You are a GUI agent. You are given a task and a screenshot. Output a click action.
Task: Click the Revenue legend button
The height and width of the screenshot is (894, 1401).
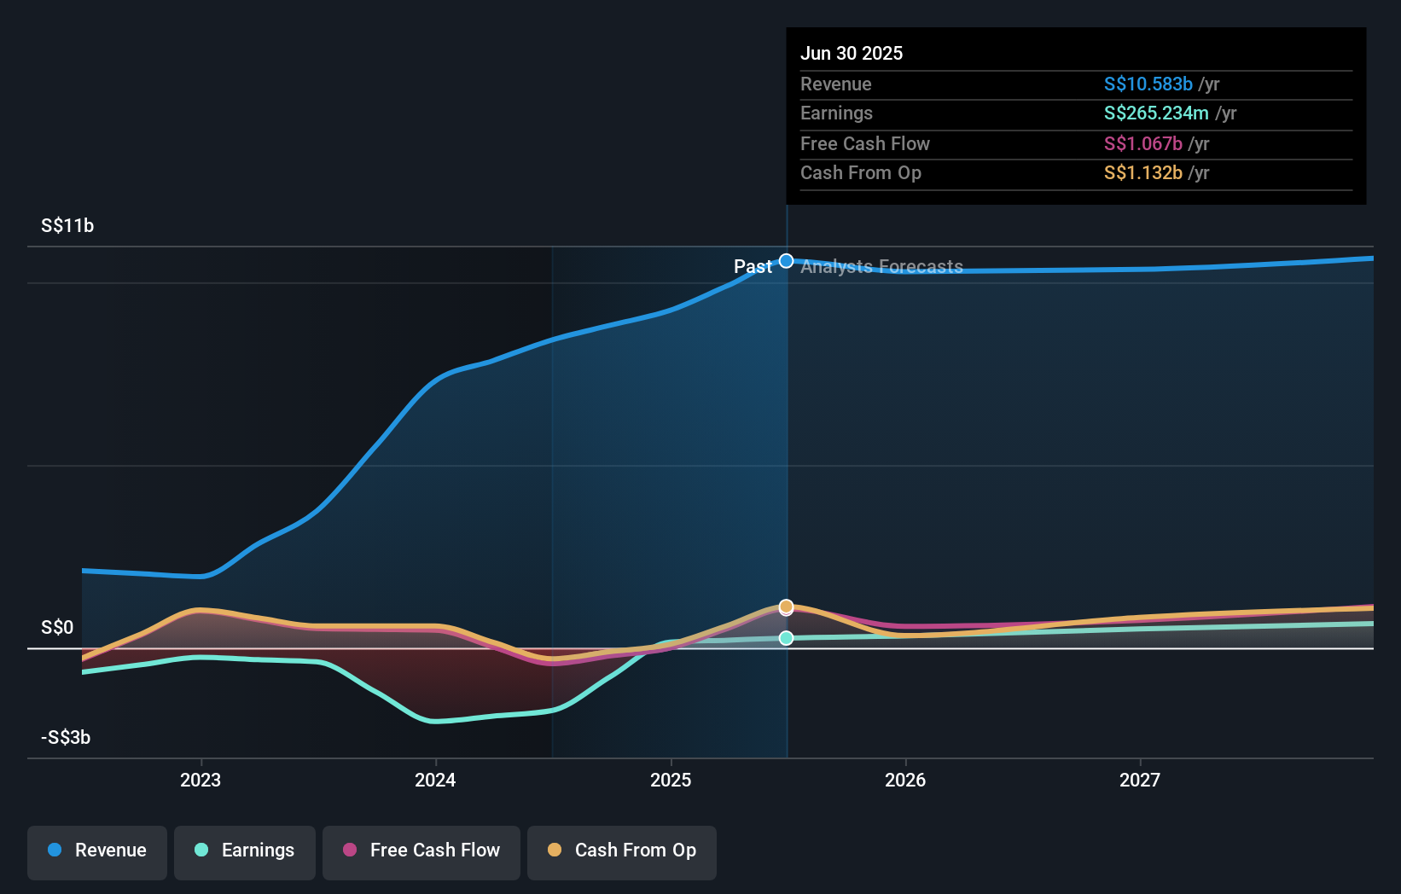pyautogui.click(x=97, y=850)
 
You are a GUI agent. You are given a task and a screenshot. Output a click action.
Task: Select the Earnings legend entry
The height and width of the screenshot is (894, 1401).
pyautogui.click(x=245, y=850)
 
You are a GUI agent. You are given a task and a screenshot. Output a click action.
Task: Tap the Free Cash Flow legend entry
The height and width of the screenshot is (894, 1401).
pyautogui.click(x=421, y=850)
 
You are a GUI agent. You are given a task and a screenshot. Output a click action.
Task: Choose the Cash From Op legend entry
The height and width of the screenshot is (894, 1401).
pyautogui.click(x=622, y=850)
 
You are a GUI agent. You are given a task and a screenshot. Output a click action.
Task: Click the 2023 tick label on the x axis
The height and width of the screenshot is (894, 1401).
pyautogui.click(x=201, y=780)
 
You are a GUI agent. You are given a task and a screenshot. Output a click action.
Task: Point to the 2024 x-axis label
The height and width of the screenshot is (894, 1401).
pyautogui.click(x=435, y=780)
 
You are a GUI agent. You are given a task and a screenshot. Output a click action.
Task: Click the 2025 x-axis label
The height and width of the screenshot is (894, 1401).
pyautogui.click(x=671, y=780)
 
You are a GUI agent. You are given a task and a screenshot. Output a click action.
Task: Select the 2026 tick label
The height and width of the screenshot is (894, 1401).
pyautogui.click(x=905, y=780)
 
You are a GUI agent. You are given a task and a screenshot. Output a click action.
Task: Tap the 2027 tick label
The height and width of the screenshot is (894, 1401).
pyautogui.click(x=1140, y=780)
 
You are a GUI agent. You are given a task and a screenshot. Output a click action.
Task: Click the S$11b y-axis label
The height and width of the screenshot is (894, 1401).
pyautogui.click(x=67, y=225)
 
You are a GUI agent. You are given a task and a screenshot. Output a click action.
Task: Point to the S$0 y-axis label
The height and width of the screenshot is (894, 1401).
pyautogui.click(x=57, y=628)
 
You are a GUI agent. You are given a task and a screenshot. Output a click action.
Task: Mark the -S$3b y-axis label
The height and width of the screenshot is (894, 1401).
pyautogui.click(x=66, y=737)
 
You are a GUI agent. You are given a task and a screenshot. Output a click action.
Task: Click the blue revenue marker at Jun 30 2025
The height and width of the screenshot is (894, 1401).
pyautogui.click(x=787, y=261)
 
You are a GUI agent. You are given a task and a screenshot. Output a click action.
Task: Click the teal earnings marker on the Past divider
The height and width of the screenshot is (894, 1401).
pyautogui.click(x=787, y=638)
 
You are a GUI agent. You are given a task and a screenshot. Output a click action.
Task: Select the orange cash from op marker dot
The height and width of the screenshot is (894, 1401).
pyautogui.click(x=787, y=606)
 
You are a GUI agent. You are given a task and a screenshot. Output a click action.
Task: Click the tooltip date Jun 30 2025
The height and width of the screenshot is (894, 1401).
pyautogui.click(x=851, y=53)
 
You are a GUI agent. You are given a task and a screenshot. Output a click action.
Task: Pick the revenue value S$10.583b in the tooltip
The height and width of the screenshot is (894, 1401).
pyautogui.click(x=1148, y=84)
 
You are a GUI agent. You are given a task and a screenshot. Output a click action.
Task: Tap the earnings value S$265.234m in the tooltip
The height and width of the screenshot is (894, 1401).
pyautogui.click(x=1155, y=113)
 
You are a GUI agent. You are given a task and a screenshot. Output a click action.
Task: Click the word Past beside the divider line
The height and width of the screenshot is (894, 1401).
pyautogui.click(x=753, y=267)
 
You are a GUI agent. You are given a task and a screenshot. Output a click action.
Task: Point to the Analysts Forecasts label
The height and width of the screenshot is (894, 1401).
pyautogui.click(x=881, y=267)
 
